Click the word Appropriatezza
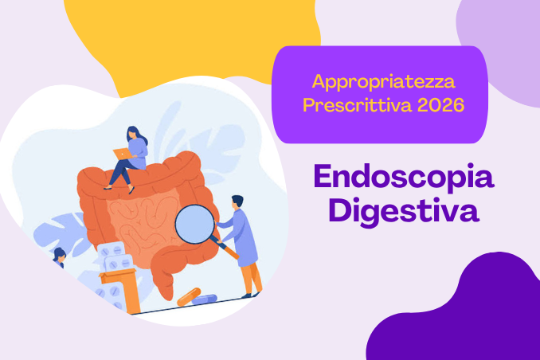point(384,82)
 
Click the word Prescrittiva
point(357,104)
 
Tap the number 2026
point(440,104)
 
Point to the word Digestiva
point(404,211)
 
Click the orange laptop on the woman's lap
point(123,154)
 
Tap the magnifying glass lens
point(194,224)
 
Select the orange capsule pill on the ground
point(189,296)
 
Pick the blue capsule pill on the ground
point(204,299)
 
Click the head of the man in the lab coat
point(237,202)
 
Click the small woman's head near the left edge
point(59,255)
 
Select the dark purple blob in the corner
point(458,310)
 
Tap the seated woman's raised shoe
point(131,190)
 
